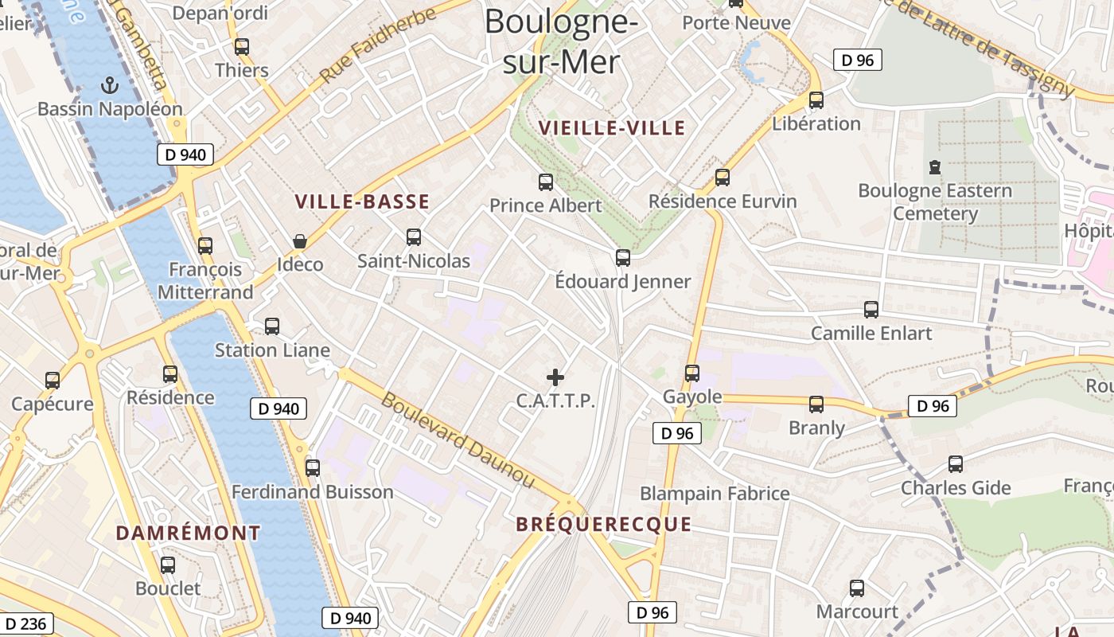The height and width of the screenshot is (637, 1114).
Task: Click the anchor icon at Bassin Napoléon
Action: [110, 84]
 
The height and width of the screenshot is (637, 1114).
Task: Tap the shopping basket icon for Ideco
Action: [300, 240]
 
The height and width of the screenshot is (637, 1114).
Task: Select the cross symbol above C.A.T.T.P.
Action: [555, 377]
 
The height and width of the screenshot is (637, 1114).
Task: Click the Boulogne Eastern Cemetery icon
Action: [934, 167]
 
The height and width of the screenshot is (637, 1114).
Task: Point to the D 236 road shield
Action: [26, 623]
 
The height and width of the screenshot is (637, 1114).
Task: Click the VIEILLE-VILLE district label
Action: [611, 128]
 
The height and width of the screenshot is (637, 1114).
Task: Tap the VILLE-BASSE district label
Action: [362, 202]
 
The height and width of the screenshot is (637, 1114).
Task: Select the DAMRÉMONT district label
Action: [188, 533]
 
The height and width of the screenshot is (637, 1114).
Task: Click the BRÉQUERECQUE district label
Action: [603, 524]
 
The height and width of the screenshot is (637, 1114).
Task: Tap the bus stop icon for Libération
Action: [816, 100]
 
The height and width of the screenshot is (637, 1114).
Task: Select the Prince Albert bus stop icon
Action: [545, 182]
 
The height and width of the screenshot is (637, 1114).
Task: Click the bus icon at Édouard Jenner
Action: [622, 258]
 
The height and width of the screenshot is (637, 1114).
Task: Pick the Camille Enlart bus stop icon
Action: [871, 310]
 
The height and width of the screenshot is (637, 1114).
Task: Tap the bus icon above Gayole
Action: [691, 373]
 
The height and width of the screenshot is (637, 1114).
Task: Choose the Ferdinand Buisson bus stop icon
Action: [312, 468]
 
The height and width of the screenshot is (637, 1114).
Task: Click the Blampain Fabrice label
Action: [715, 494]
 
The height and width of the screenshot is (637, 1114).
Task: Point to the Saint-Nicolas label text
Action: [413, 261]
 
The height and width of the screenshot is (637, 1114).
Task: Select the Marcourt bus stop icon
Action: [856, 588]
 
